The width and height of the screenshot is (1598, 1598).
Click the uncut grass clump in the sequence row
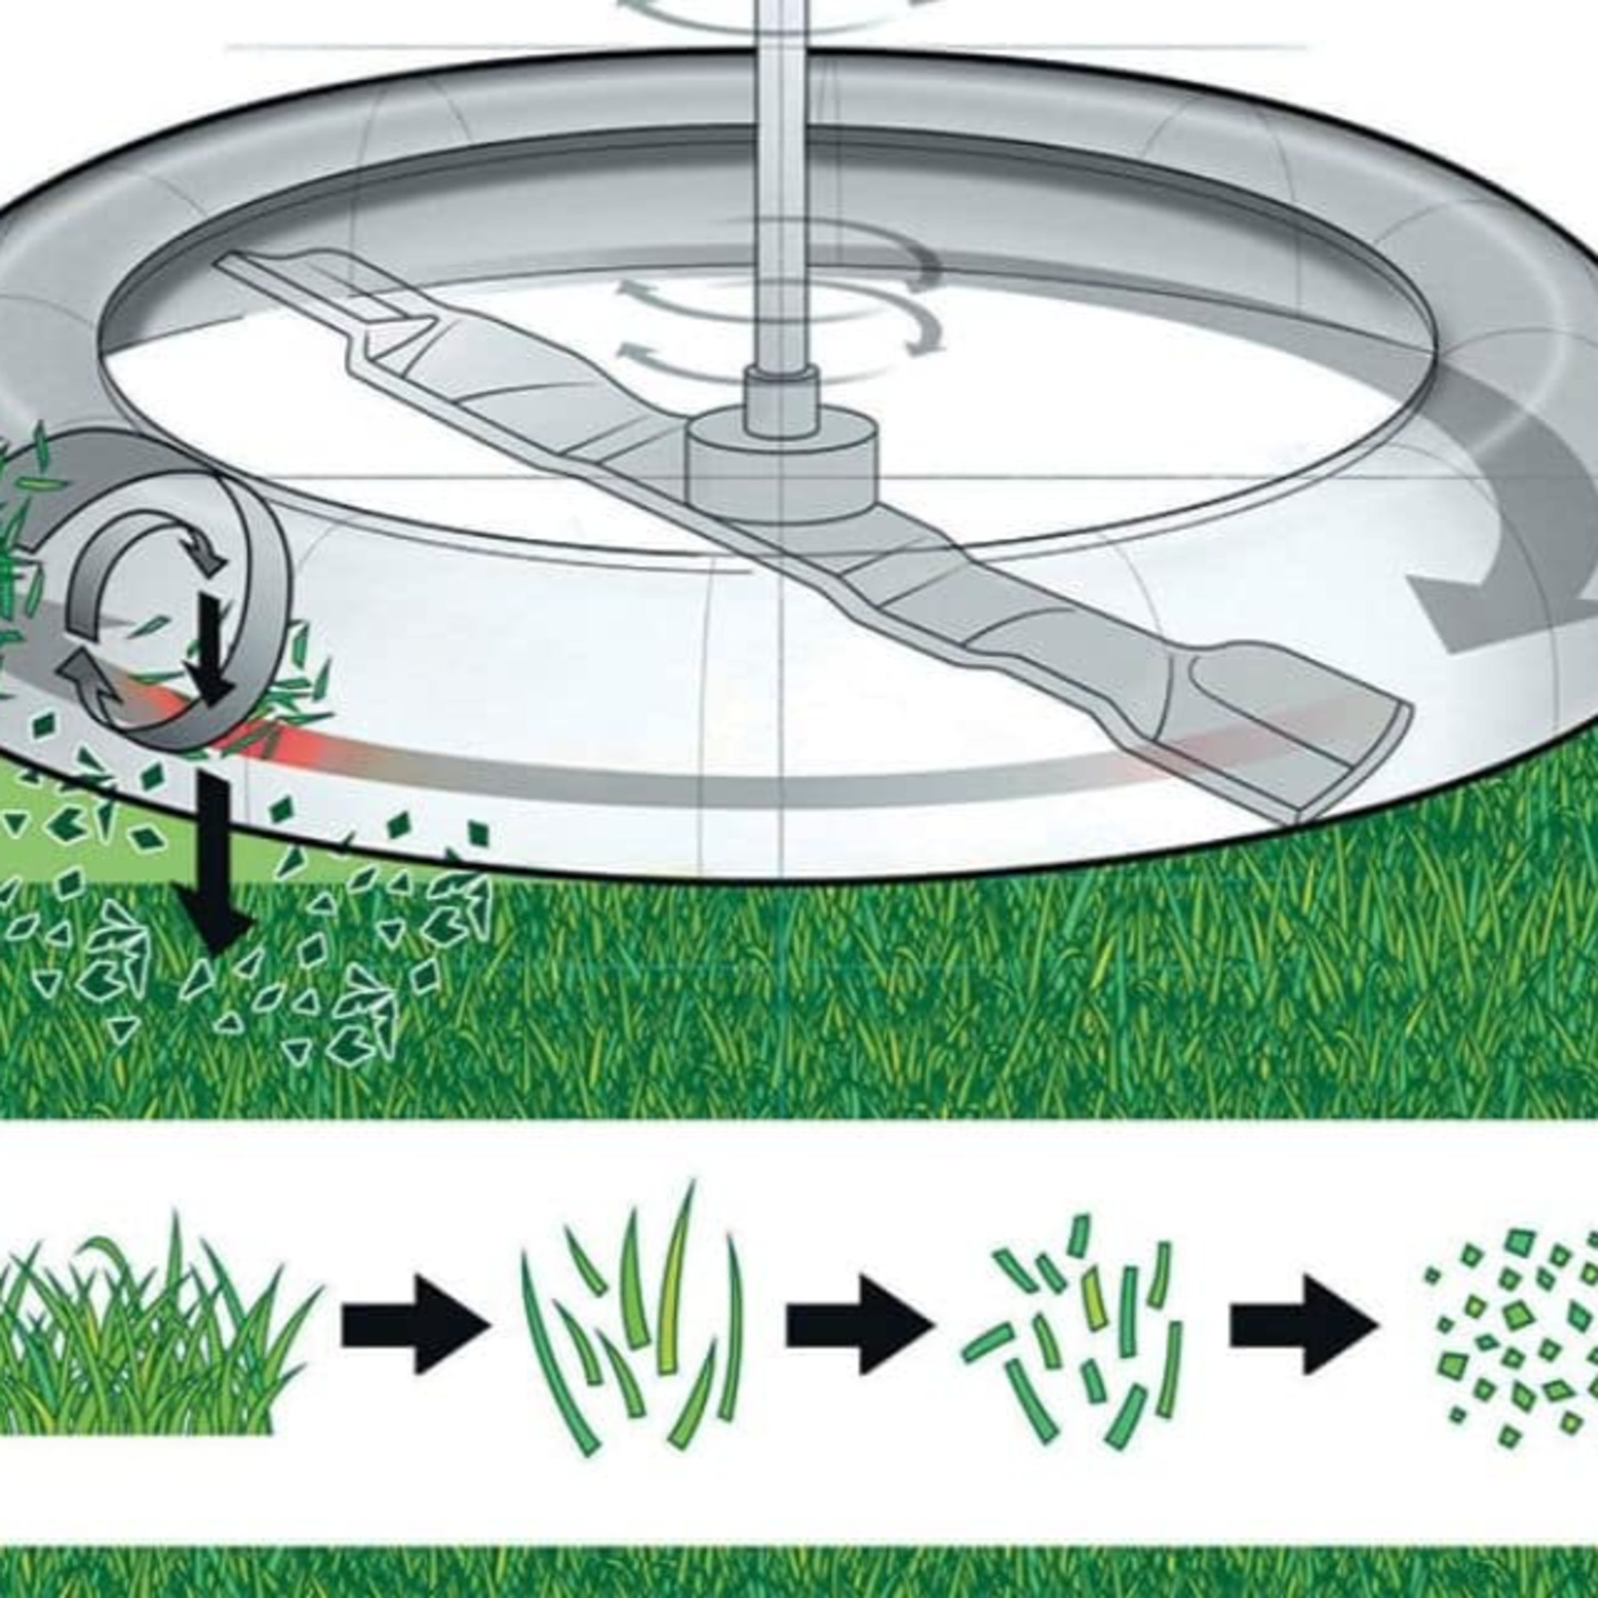point(149,1340)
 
